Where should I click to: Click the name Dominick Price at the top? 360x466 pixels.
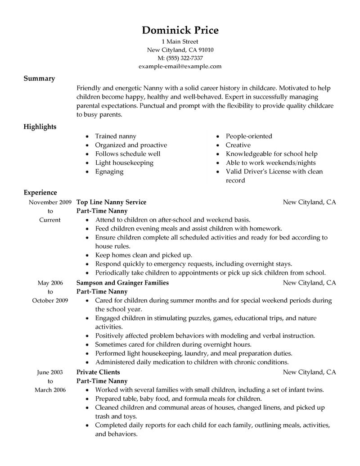click(x=180, y=30)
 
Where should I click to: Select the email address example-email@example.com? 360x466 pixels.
click(x=180, y=66)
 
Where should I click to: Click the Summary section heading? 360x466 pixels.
click(x=39, y=78)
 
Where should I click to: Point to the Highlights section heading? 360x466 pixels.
click(x=40, y=127)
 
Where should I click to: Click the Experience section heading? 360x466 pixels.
click(x=40, y=192)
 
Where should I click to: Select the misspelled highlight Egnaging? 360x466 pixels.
click(x=109, y=172)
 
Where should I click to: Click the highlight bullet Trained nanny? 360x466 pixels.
click(x=115, y=136)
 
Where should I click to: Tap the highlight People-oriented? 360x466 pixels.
click(x=249, y=136)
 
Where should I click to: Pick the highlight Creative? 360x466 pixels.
click(x=238, y=145)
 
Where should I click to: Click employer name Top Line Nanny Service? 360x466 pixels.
click(x=111, y=202)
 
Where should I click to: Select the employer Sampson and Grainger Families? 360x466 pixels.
click(x=122, y=283)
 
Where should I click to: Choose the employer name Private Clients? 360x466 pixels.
click(x=98, y=372)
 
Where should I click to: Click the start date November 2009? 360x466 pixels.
click(x=49, y=202)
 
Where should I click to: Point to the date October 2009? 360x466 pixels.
click(x=50, y=300)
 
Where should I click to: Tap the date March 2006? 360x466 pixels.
click(x=50, y=389)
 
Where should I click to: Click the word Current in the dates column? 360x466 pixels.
click(x=50, y=220)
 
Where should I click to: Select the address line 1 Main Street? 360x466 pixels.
click(x=180, y=41)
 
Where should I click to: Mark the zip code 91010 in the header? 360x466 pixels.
click(x=205, y=50)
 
